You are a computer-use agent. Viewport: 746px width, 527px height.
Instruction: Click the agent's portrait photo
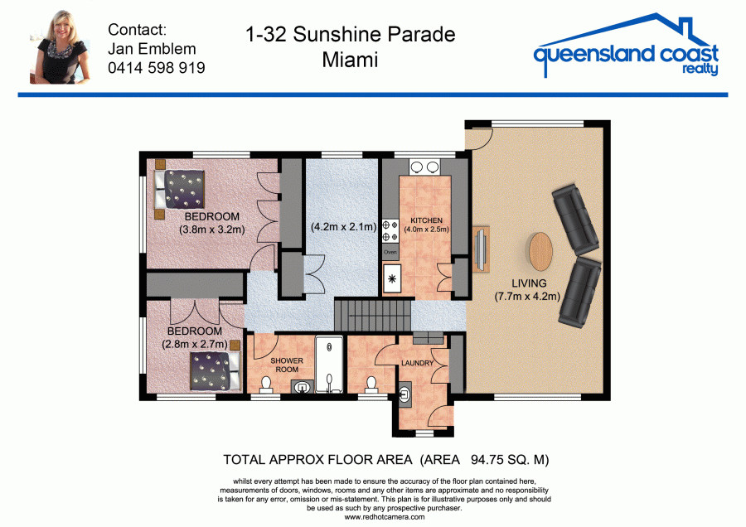pos(61,47)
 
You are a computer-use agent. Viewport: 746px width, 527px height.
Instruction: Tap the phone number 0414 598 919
pos(157,68)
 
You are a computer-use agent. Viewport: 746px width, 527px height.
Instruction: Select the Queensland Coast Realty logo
pos(626,46)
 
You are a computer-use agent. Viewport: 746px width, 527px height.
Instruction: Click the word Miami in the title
pos(350,60)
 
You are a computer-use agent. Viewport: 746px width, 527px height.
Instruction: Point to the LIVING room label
pos(529,283)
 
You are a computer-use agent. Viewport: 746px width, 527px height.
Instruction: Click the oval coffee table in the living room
pos(541,251)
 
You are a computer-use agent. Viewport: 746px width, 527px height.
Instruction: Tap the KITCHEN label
pos(426,220)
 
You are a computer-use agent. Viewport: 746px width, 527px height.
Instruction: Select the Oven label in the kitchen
pos(390,252)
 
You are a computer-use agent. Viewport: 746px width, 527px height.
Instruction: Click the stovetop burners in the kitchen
pos(390,230)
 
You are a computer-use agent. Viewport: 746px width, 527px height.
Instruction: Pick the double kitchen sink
pos(425,167)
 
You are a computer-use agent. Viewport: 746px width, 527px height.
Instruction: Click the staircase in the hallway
pos(372,314)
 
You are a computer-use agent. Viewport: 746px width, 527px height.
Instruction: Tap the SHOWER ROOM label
pos(287,365)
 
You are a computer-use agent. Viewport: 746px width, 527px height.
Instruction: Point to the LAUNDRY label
pos(417,363)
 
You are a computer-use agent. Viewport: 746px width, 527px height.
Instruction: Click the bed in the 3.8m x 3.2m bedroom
pos(180,189)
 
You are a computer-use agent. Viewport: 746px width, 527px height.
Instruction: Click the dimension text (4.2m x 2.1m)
pos(343,227)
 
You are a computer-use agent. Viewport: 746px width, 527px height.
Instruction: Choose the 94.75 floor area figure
pos(487,460)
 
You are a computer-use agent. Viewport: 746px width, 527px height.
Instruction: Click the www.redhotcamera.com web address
pos(385,518)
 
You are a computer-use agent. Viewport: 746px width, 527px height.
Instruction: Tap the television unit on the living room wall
pos(481,249)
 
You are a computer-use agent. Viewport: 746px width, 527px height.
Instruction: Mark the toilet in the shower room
pos(266,384)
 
